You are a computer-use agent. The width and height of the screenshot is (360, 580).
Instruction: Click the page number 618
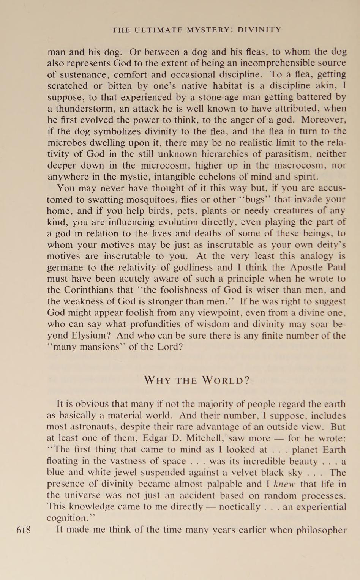click(24, 530)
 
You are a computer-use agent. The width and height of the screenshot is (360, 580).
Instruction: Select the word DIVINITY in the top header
click(259, 30)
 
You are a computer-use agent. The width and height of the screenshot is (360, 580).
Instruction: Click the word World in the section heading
click(226, 380)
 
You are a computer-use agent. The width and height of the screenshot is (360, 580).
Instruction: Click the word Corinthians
click(90, 290)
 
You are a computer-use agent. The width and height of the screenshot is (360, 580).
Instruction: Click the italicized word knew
click(284, 484)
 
